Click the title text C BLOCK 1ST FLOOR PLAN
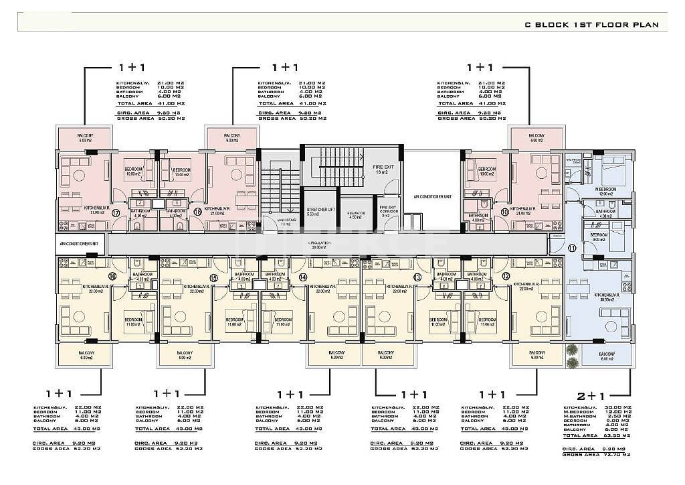(x=592, y=25)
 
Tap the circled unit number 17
(x=116, y=213)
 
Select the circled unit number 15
(x=214, y=277)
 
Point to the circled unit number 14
(x=303, y=277)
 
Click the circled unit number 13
(x=417, y=277)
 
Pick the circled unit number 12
(x=506, y=276)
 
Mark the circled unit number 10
(x=504, y=213)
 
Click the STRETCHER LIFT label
(x=320, y=212)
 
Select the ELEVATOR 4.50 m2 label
(x=356, y=214)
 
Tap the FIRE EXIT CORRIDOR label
(x=388, y=212)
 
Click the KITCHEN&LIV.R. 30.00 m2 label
(x=605, y=296)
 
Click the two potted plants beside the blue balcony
(x=572, y=356)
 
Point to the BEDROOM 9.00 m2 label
(x=600, y=237)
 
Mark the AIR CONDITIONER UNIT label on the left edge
(x=79, y=244)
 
